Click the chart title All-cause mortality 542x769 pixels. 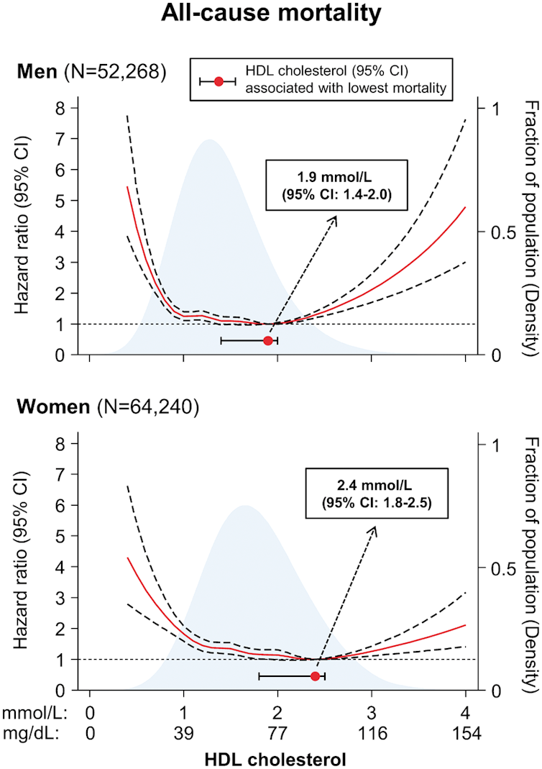tap(271, 14)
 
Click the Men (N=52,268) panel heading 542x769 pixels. tap(93, 72)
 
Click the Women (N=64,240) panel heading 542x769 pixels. tap(108, 407)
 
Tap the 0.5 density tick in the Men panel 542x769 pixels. tap(497, 232)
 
